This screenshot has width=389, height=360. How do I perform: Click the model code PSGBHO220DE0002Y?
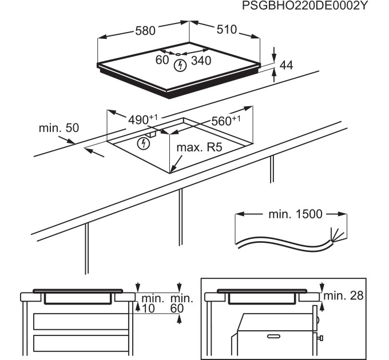304,5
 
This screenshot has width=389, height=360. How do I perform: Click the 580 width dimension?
145,31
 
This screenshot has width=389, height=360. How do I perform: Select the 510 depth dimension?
227,30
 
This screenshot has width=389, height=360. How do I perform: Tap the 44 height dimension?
286,65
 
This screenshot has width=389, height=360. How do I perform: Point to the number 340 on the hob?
201,61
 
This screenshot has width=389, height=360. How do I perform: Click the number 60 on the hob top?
162,59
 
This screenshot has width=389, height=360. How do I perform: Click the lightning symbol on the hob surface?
180,66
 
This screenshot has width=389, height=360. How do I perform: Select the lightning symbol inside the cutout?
144,143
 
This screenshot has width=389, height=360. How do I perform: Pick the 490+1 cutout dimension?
142,119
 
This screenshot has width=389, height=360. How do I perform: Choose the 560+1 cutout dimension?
226,121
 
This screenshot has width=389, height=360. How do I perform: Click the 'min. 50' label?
59,128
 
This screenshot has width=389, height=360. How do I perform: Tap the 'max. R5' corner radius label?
199,147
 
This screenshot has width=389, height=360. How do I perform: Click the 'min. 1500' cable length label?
296,214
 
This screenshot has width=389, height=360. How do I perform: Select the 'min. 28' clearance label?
344,295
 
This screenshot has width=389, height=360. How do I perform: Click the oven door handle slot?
273,336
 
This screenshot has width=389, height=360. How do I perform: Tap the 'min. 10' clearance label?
152,303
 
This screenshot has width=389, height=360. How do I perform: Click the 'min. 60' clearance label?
181,303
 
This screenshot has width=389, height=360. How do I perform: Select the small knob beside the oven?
320,338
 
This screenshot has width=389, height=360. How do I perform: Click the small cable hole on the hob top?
178,54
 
